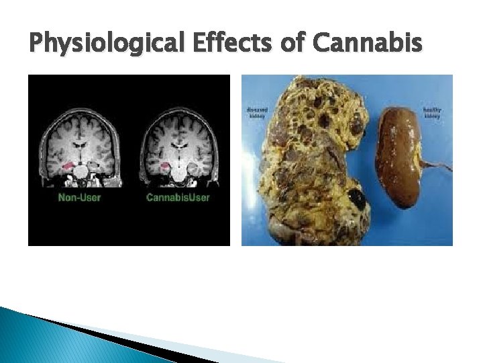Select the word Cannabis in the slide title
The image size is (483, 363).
[x=368, y=44]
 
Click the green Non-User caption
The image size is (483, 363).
[x=79, y=198]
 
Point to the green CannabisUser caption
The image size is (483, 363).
[x=178, y=198]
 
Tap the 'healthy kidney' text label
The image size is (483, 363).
[x=433, y=112]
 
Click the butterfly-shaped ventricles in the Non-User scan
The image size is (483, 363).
[x=81, y=143]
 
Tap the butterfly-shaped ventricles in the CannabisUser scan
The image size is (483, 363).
[x=178, y=143]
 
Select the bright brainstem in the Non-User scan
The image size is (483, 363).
[x=82, y=173]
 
